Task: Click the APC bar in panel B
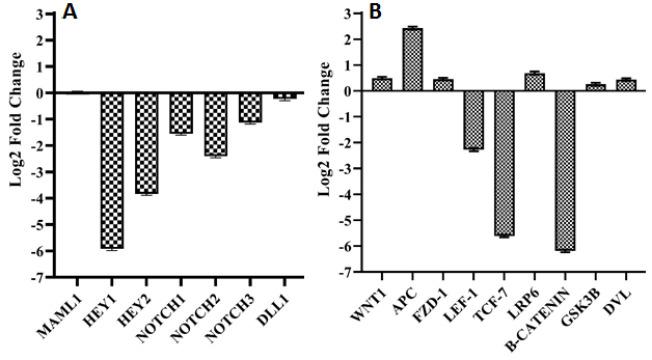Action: [411, 60]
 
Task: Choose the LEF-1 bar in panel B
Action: [472, 120]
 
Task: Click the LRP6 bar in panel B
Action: [534, 82]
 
